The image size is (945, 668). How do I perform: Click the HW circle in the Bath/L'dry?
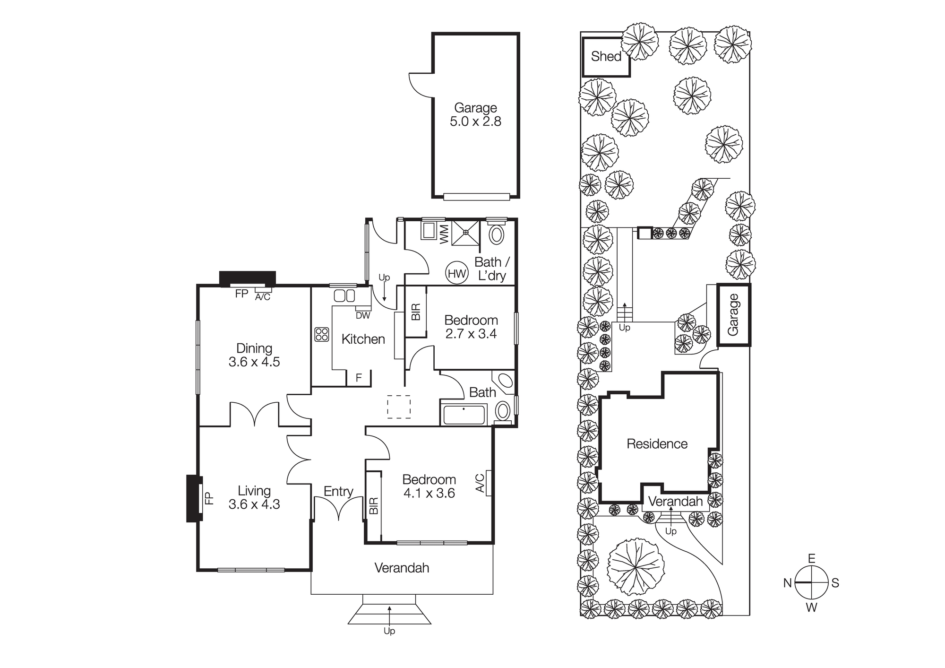coord(457,273)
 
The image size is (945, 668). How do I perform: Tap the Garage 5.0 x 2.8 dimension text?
coord(475,121)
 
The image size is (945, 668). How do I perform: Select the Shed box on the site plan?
coord(606,57)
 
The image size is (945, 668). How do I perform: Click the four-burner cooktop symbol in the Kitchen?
coord(322,334)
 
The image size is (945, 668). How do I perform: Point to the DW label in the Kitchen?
coord(363,315)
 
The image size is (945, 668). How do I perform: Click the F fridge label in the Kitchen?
coord(359,378)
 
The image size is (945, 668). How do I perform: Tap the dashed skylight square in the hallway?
coord(399,407)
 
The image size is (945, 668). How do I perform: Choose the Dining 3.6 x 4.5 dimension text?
coord(254,362)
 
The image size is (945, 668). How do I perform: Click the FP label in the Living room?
coord(209,498)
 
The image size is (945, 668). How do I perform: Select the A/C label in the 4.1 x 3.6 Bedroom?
coord(480,483)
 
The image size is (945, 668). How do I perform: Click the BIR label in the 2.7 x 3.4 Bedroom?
coord(416,312)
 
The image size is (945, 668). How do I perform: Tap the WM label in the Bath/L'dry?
coord(444,234)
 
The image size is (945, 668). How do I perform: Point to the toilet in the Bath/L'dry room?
coord(496,234)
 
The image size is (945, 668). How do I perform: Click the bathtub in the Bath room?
coord(464,415)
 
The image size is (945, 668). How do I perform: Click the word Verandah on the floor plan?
coord(402,568)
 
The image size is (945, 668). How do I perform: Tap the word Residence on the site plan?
coord(657,444)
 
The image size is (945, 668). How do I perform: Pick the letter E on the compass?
coord(811,559)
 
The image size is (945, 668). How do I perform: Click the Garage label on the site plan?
coord(733,315)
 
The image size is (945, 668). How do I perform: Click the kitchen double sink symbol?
coord(344,296)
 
